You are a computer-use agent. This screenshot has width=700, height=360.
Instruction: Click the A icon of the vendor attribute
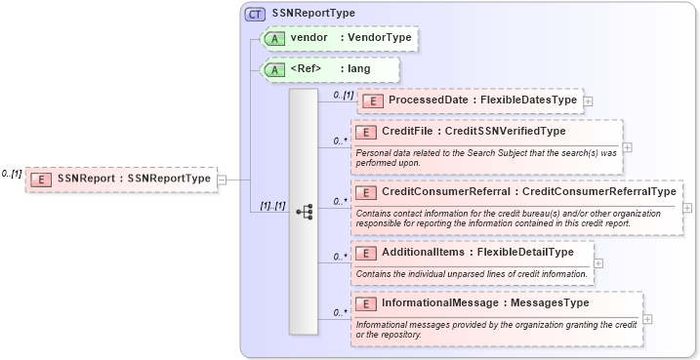[x=275, y=38]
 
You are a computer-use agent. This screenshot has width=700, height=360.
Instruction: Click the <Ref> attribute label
[x=307, y=69]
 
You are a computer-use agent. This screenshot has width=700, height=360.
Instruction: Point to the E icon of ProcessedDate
[x=373, y=100]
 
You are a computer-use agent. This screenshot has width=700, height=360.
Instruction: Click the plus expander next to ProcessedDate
[x=589, y=100]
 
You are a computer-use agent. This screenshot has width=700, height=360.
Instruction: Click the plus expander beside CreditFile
[x=627, y=147]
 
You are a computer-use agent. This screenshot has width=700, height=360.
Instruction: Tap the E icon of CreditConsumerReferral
[x=366, y=192]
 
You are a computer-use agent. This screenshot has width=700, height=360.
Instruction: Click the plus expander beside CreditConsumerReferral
[x=687, y=207]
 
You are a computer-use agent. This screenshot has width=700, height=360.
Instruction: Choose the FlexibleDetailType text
[x=527, y=253]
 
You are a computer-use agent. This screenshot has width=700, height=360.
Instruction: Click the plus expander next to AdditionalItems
[x=598, y=262]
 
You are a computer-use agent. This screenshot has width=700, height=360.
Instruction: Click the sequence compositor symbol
[x=304, y=211]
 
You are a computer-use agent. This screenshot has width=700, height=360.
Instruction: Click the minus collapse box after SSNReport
[x=222, y=179]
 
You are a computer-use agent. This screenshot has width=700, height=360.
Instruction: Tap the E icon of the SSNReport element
[x=42, y=179]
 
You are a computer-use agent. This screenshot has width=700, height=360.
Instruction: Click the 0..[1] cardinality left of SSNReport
[x=11, y=174]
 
